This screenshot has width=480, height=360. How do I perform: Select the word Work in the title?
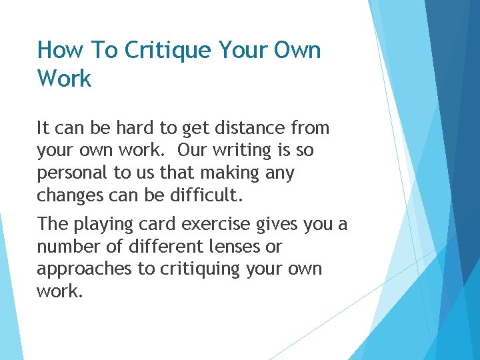click(64, 79)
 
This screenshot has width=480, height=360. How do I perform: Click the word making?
click(223, 173)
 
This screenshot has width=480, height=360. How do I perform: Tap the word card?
click(158, 224)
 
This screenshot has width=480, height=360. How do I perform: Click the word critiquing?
click(195, 269)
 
